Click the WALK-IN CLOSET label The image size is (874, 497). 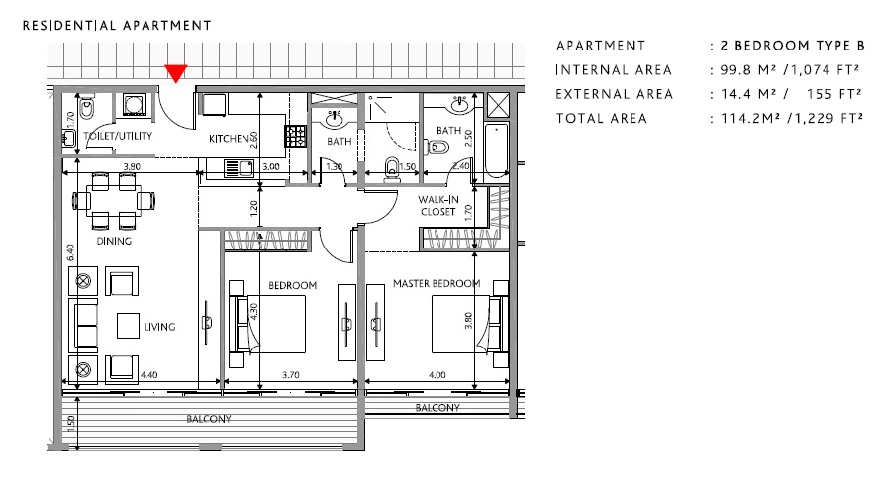pyautogui.click(x=437, y=205)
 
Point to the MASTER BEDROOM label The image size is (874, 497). pyautogui.click(x=436, y=284)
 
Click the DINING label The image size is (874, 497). pyautogui.click(x=113, y=241)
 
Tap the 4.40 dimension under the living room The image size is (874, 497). pyautogui.click(x=149, y=376)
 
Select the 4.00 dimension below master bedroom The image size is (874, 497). pyautogui.click(x=437, y=376)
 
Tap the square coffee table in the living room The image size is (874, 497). pyautogui.click(x=129, y=326)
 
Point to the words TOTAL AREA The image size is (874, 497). pyautogui.click(x=601, y=118)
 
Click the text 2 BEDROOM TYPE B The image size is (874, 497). pyautogui.click(x=792, y=46)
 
